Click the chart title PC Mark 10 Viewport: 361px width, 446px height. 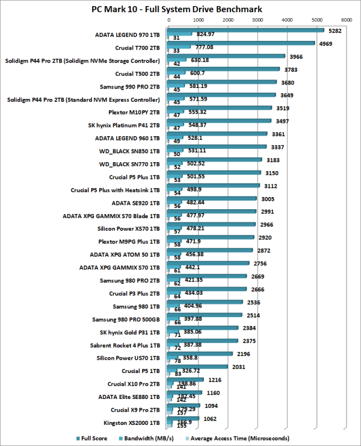click(x=180, y=8)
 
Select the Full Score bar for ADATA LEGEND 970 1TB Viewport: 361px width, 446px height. click(x=247, y=30)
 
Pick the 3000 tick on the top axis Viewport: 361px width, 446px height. click(x=258, y=20)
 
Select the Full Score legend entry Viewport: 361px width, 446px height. click(x=95, y=438)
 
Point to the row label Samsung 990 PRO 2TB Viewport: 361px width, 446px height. click(x=131, y=87)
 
